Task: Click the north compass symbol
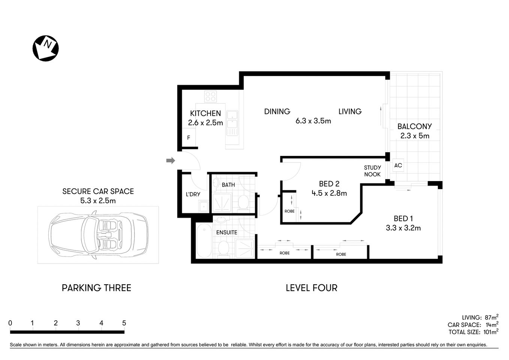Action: tap(46, 48)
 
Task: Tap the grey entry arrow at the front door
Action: tap(171, 160)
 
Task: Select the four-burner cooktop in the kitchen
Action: tap(210, 97)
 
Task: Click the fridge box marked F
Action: tap(189, 138)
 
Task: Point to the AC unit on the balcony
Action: tap(398, 165)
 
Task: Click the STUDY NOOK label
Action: tap(372, 171)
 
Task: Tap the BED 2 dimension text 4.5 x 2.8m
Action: tap(329, 193)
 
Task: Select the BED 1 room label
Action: tap(403, 218)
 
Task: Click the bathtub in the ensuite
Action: tap(204, 240)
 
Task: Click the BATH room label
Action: tap(228, 184)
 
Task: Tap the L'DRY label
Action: tap(193, 194)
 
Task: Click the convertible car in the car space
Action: tap(98, 235)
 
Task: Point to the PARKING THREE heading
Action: tap(96, 288)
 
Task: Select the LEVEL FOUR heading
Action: tap(311, 288)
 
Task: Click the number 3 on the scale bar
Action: tap(78, 323)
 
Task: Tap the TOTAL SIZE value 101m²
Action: tap(491, 332)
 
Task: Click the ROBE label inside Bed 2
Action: tap(289, 211)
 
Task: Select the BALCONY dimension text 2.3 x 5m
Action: tap(415, 136)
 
